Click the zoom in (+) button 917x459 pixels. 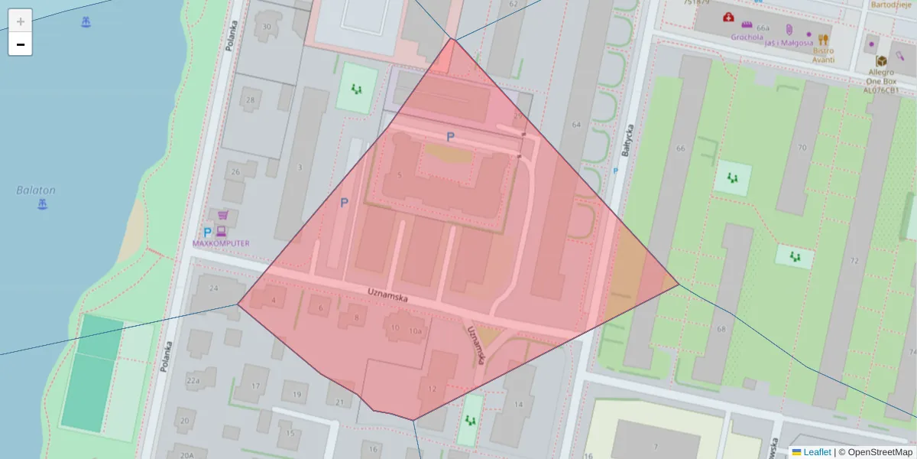tap(21, 21)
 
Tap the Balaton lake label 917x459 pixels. tap(36, 190)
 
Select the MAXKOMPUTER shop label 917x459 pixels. tap(221, 243)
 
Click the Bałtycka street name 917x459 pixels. tap(629, 142)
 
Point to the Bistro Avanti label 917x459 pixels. tap(823, 54)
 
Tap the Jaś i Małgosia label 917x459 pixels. tap(787, 43)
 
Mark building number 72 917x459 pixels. tap(854, 262)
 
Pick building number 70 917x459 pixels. tap(801, 148)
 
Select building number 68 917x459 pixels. tap(721, 329)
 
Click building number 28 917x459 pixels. tap(250, 100)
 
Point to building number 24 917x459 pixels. tap(214, 288)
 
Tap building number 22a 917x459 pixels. tap(193, 381)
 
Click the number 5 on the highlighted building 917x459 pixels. tap(400, 175)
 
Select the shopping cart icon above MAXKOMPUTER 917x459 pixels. tap(223, 216)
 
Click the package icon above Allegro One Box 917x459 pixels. tap(881, 60)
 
